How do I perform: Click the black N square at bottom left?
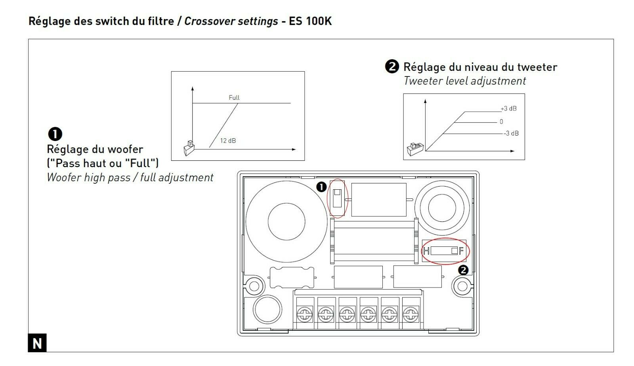pos(37,343)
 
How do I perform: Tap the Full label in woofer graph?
pos(234,97)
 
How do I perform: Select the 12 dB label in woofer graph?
pos(228,141)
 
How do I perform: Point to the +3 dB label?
pos(508,109)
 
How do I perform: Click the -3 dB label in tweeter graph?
pos(511,133)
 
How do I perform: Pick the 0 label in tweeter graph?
pos(501,122)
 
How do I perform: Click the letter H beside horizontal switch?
pos(426,251)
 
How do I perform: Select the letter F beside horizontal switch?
pos(461,251)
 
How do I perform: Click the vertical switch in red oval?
pos(338,198)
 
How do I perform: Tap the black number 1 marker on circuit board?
pos(321,187)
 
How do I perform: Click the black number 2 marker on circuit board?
pos(463,270)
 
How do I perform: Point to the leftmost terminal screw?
pos(304,315)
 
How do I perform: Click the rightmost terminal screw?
pos(411,315)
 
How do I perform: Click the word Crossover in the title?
pos(206,21)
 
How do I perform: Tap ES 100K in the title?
pos(310,21)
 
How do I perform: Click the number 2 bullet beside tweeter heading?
pos(391,67)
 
